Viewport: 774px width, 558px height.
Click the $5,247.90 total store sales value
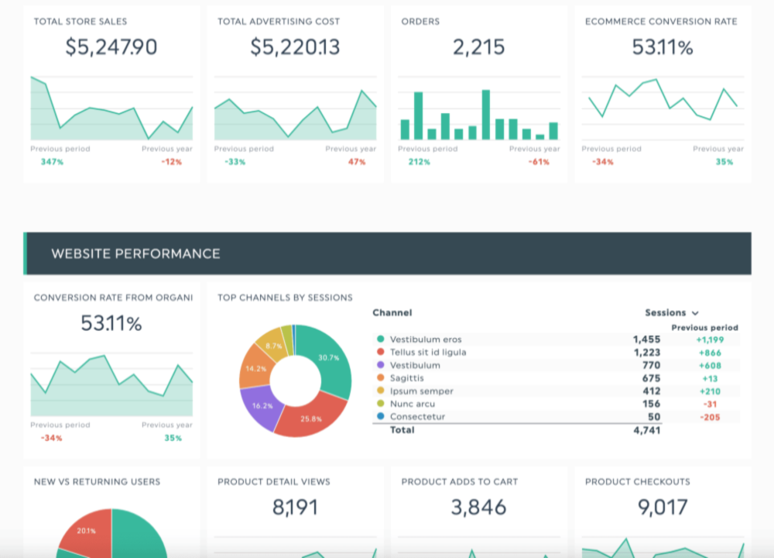(111, 47)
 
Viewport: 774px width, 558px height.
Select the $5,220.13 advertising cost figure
(295, 47)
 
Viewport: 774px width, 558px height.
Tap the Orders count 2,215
(479, 47)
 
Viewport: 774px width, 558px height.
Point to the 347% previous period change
(52, 162)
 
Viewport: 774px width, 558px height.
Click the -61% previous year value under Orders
(539, 162)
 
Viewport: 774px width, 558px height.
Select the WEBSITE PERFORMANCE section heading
(135, 253)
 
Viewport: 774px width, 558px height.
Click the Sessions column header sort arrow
(695, 313)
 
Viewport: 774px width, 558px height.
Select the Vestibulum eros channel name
(425, 339)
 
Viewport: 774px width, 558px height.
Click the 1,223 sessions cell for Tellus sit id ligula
(646, 352)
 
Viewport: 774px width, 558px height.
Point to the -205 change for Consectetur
(709, 416)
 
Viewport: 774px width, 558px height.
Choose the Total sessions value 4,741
(646, 430)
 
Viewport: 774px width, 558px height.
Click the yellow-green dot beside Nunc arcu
(380, 404)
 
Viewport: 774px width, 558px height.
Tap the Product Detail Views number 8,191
(295, 508)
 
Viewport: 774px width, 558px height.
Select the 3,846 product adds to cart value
(479, 508)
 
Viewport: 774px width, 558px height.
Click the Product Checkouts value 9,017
(663, 508)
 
